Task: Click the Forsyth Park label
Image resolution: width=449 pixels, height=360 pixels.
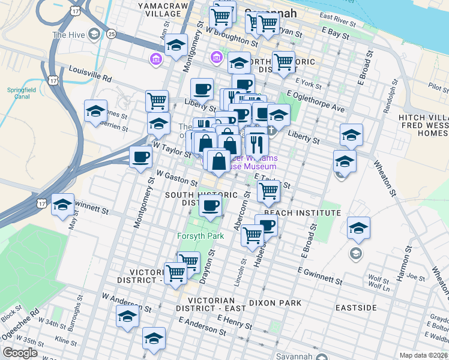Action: pos(200,236)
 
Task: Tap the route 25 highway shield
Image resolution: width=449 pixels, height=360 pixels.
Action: pos(112,34)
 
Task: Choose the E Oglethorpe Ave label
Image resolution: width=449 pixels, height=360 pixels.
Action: pos(316,101)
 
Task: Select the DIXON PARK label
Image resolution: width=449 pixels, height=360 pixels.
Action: pos(276,303)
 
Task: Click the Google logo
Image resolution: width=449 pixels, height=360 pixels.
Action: pos(20,352)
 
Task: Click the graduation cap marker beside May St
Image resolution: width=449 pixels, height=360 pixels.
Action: pos(62,205)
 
